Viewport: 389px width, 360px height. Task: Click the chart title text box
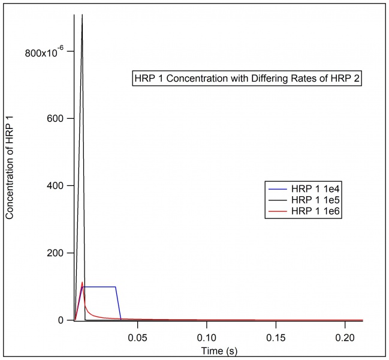pos(247,79)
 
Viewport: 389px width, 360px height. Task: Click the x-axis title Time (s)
pos(219,349)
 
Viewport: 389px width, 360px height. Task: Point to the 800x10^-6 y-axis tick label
pos(43,52)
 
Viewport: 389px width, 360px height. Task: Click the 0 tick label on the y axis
pos(62,320)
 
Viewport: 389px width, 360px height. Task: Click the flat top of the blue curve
pos(99,287)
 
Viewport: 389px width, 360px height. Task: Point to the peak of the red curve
pos(82,282)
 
